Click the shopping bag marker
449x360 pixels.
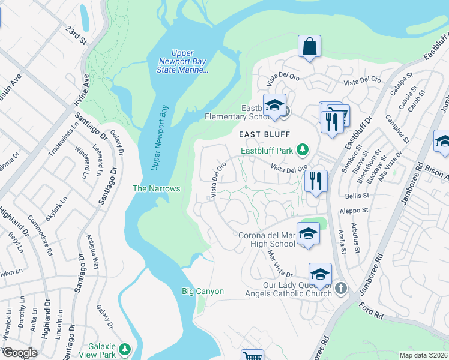pyautogui.click(x=309, y=46)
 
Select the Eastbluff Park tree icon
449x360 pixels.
pyautogui.click(x=304, y=149)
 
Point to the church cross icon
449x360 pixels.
pyautogui.click(x=341, y=288)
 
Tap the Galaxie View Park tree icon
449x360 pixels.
pyautogui.click(x=125, y=349)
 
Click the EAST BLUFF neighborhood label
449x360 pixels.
pyautogui.click(x=265, y=134)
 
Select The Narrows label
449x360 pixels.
pyautogui.click(x=156, y=188)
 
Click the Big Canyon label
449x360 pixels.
pyautogui.click(x=203, y=292)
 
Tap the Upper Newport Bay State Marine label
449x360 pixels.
pyautogui.click(x=182, y=62)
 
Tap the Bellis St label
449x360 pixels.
pyautogui.click(x=357, y=196)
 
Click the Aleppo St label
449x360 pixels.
pyautogui.click(x=355, y=211)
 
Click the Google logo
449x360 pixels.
pyautogui.click(x=20, y=353)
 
